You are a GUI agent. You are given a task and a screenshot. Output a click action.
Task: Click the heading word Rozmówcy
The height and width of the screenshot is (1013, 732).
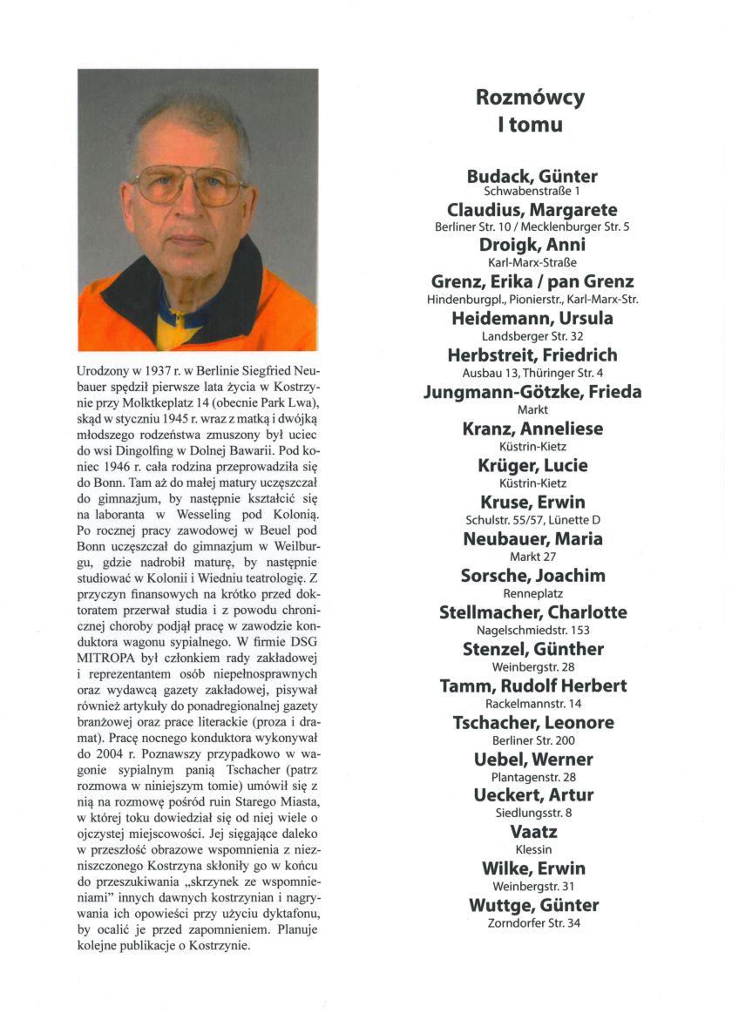[530, 98]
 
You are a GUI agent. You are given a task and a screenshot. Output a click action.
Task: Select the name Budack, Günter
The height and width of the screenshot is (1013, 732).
[532, 176]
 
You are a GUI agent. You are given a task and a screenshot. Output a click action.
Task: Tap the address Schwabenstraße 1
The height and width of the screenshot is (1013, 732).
[532, 190]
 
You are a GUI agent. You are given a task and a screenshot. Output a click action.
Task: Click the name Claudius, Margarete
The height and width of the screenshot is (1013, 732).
[532, 210]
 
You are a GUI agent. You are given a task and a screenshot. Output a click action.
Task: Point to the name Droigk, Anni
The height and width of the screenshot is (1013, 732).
[532, 246]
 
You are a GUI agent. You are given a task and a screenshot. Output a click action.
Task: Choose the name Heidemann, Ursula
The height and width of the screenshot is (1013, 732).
[532, 319]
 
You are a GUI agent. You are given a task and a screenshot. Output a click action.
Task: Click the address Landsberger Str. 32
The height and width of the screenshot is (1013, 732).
[532, 336]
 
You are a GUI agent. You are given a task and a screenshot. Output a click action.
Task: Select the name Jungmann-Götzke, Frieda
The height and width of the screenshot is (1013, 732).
[532, 392]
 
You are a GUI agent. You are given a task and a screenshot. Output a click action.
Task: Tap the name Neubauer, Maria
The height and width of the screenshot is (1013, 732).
[532, 539]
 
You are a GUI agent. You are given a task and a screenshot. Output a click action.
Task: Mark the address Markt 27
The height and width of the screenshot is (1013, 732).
[532, 556]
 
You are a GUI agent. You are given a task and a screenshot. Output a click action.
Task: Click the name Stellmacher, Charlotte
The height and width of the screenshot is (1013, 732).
[532, 612]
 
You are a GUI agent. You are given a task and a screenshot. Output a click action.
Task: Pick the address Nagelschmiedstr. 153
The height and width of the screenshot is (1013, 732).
[532, 630]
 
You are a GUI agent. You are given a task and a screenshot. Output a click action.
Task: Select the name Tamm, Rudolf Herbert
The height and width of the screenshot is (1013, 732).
[532, 685]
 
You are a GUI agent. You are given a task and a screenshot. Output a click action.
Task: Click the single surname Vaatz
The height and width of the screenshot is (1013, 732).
[532, 832]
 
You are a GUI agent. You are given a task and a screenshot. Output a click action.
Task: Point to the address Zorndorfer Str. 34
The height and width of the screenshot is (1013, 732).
[532, 923]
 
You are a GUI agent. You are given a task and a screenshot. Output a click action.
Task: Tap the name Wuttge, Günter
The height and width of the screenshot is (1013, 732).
[532, 906]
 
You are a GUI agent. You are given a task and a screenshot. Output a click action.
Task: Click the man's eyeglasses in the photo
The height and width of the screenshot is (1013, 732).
[191, 186]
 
